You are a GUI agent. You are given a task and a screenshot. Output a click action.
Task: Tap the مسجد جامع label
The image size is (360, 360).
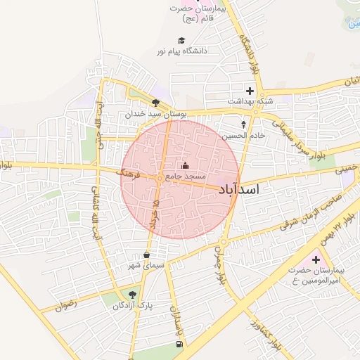tap(186, 174)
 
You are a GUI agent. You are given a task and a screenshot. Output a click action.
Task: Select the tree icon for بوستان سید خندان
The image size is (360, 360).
tap(155, 103)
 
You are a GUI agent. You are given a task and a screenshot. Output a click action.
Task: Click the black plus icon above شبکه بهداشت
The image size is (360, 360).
tap(249, 90)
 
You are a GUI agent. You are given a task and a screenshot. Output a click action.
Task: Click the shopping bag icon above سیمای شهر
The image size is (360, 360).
tap(146, 255)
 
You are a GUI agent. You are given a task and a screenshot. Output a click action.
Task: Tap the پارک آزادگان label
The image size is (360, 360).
tap(134, 306)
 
